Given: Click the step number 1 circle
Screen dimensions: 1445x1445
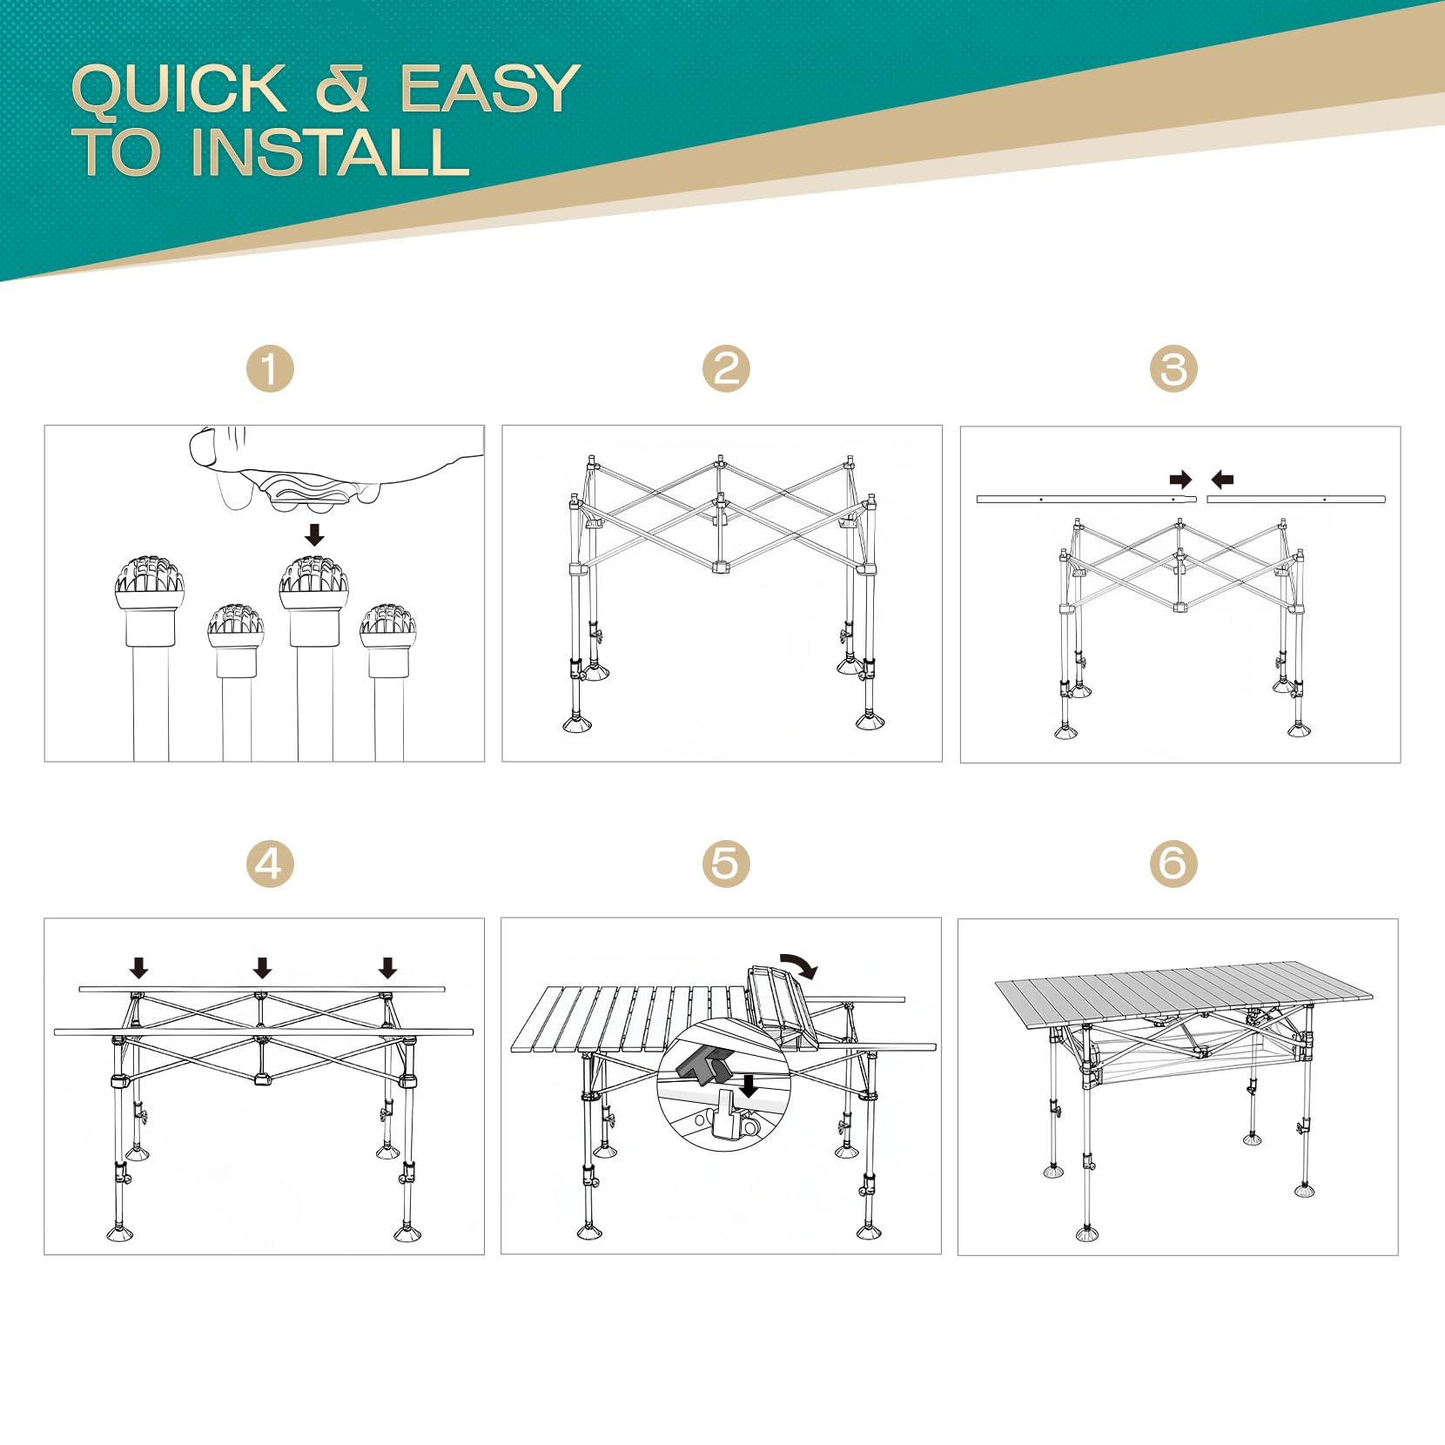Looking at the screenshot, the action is [x=270, y=368].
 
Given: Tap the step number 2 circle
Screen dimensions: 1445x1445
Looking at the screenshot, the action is [x=726, y=368].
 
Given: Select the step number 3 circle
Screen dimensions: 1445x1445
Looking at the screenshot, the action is [x=1173, y=368].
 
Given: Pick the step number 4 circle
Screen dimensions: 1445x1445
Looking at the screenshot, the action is [x=270, y=864].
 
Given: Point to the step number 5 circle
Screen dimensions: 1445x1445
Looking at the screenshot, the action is [x=726, y=864].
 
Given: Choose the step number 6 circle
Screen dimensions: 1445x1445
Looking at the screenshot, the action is [x=1173, y=864].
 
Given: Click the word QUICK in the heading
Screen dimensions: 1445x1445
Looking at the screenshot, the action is [x=179, y=90].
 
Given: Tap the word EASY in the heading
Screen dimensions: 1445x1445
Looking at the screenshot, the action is [x=490, y=88].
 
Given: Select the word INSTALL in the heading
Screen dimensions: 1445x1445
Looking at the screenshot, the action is [x=331, y=152].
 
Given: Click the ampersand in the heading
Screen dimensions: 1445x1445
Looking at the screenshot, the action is [x=343, y=88].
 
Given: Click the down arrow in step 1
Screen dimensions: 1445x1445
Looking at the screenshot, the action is [x=315, y=534].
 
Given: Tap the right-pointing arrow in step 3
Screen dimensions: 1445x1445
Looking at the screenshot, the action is [x=1180, y=480].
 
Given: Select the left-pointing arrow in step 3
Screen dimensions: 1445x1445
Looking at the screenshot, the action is [x=1223, y=480].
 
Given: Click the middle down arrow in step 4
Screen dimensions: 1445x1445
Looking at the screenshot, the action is [x=263, y=967].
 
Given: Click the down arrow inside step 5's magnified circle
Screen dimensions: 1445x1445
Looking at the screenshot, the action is [x=749, y=1086].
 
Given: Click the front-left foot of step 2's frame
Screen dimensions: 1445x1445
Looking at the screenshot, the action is [x=576, y=724].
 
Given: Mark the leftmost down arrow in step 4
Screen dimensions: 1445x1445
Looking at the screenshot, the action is [x=138, y=967].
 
